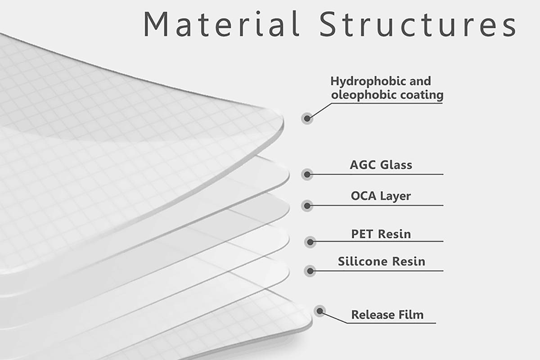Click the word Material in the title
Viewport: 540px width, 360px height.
coord(221,24)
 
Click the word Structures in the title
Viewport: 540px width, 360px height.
coord(418,25)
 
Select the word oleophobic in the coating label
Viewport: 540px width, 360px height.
coord(364,95)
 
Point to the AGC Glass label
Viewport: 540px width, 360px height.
coord(381,165)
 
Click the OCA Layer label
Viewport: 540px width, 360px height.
coord(381,196)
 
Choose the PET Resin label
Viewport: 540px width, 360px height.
coord(381,234)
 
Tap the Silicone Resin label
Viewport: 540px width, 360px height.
coord(382,261)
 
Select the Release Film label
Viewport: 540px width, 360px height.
coord(387,315)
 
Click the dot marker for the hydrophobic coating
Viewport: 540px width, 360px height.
coord(307,118)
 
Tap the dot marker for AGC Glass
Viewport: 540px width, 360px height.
coord(307,174)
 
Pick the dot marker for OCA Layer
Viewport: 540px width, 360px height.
coord(307,206)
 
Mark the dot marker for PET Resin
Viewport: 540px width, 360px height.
coord(310,242)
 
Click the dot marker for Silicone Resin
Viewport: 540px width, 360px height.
coord(310,271)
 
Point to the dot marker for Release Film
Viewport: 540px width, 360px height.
coord(320,311)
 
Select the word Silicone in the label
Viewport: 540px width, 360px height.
coord(363,261)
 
